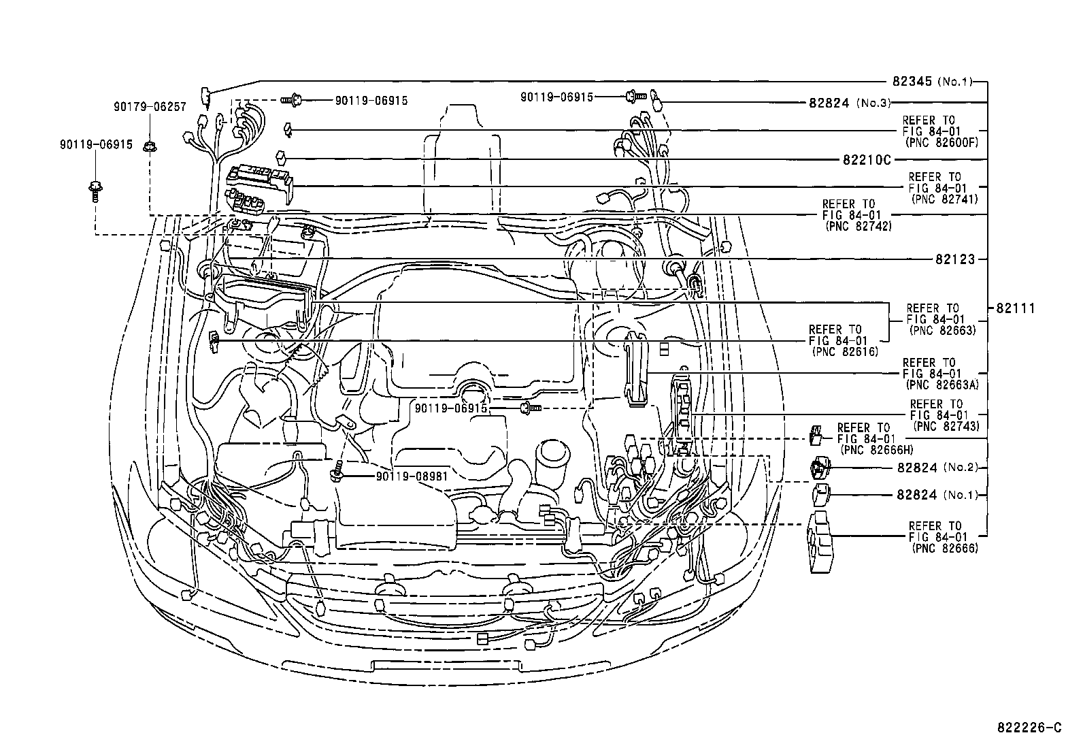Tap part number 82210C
click(x=867, y=159)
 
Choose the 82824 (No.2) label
click(x=936, y=468)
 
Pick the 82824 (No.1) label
click(x=936, y=495)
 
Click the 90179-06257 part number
click(x=150, y=106)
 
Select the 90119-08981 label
click(x=412, y=476)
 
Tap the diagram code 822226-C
click(x=1029, y=728)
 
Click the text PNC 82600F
click(x=942, y=143)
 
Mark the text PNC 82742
click(x=857, y=226)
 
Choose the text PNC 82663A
click(x=941, y=385)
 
